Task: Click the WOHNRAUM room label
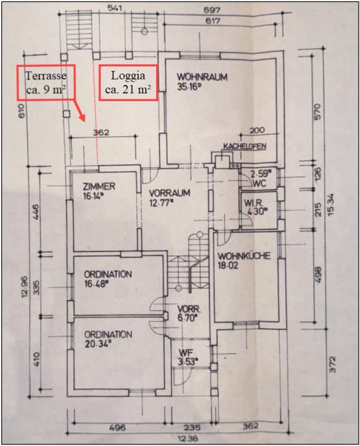tap(203, 77)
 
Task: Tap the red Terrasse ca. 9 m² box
tap(46, 82)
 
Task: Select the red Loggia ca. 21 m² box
tap(128, 82)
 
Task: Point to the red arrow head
tap(82, 117)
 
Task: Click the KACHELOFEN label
tap(245, 146)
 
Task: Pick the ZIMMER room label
tap(99, 186)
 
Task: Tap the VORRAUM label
tap(170, 193)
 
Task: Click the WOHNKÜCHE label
tap(244, 256)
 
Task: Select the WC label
tap(260, 183)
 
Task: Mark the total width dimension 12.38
tap(187, 439)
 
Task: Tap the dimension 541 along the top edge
tap(115, 8)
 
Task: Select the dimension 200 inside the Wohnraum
tap(257, 130)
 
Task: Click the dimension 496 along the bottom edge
tap(117, 427)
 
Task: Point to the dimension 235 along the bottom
tap(192, 427)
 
